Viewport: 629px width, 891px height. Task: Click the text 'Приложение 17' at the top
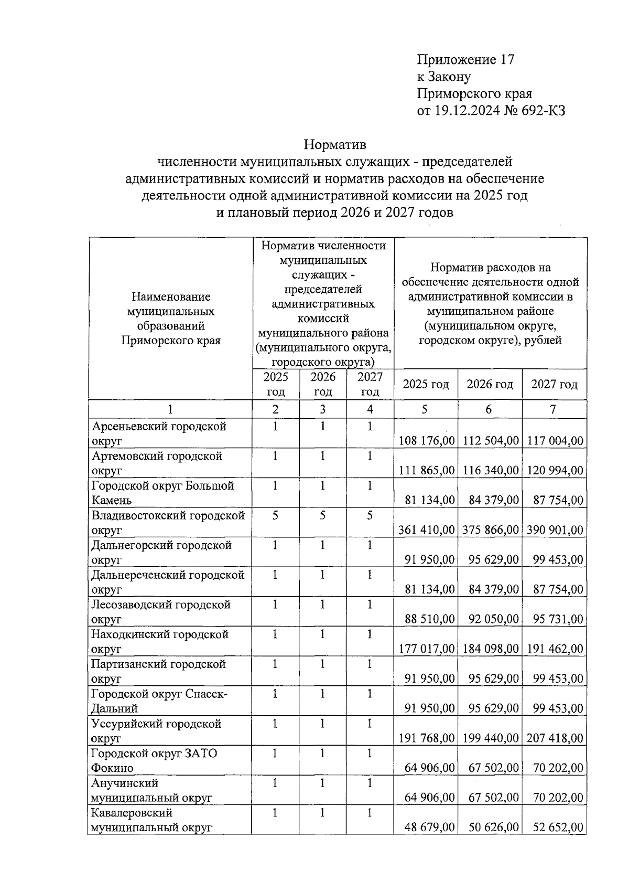[x=465, y=60]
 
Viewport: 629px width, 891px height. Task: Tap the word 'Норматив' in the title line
[x=335, y=144]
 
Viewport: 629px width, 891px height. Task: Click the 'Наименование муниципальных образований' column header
[x=171, y=319]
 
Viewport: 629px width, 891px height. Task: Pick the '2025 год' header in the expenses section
[x=426, y=384]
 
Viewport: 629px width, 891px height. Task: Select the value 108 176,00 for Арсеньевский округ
[x=426, y=441]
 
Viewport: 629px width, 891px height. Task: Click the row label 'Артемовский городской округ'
[x=157, y=463]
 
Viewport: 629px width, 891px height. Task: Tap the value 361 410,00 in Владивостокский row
[x=426, y=530]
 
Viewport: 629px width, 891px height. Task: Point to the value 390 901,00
[x=554, y=530]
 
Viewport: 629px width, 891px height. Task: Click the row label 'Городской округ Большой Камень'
[x=162, y=493]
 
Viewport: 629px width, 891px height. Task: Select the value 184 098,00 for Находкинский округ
[x=490, y=649]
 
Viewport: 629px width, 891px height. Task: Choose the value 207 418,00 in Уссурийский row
[x=554, y=738]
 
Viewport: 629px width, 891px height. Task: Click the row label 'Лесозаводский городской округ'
[x=161, y=612]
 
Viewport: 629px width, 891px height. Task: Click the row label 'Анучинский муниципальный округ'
[x=152, y=790]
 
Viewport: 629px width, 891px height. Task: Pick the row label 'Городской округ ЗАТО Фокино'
[x=154, y=760]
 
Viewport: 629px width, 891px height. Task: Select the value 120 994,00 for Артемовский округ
[x=554, y=471]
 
